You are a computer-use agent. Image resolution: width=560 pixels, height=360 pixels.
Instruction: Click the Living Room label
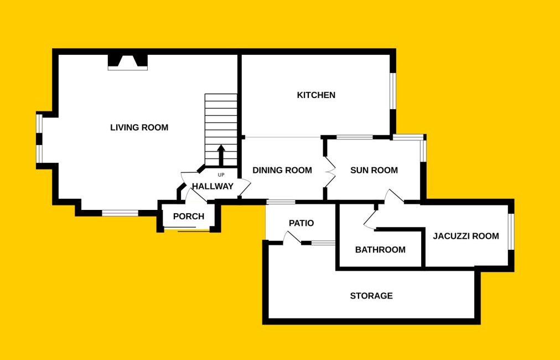(x=139, y=127)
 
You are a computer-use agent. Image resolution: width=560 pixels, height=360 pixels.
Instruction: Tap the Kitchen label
(x=316, y=95)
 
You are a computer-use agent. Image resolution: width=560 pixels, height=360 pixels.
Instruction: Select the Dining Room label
(x=282, y=170)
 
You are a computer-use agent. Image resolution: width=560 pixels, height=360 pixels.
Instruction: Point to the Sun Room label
(x=374, y=170)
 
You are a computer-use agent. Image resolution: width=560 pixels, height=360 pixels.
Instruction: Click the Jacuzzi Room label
(x=466, y=236)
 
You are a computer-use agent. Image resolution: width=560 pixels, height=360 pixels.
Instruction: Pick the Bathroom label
(x=380, y=250)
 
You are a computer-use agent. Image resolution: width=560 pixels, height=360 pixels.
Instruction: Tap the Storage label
(x=371, y=296)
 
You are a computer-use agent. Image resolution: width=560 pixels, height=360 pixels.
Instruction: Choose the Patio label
(x=302, y=223)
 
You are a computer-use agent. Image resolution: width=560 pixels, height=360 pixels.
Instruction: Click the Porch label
(x=189, y=217)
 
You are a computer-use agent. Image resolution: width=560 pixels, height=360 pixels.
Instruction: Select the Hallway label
(x=212, y=186)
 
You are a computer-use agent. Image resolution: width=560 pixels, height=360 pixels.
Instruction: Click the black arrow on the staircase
(x=221, y=155)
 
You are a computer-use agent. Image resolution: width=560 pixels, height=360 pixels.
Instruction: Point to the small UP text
(x=221, y=175)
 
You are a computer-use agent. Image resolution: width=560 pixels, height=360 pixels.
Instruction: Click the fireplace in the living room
(x=128, y=62)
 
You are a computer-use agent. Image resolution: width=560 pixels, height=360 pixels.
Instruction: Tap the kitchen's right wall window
(x=393, y=91)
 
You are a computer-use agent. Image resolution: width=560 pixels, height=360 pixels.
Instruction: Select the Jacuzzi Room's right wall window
(x=511, y=232)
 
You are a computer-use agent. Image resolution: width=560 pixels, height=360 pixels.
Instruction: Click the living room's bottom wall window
(x=120, y=213)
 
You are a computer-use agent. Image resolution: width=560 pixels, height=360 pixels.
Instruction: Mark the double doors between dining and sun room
(x=329, y=172)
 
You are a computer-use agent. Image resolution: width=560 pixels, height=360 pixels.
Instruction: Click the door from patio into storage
(x=292, y=238)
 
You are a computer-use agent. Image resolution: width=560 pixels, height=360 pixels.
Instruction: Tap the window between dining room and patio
(x=281, y=202)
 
